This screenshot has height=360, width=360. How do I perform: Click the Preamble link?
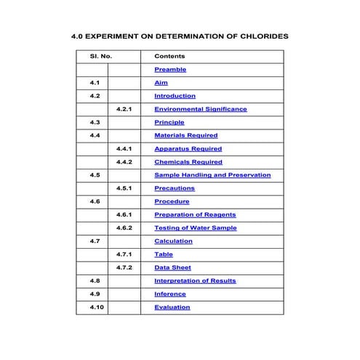[x=170, y=70]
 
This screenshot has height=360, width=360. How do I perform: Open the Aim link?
[x=161, y=83]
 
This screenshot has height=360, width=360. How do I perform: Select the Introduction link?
[x=175, y=96]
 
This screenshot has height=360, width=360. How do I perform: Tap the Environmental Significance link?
[x=200, y=109]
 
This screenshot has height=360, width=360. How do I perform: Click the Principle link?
[x=169, y=122]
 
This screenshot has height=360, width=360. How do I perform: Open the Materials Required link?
[x=185, y=135]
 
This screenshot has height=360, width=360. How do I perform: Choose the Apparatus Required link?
[x=188, y=149]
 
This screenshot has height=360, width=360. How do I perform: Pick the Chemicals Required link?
[x=188, y=162]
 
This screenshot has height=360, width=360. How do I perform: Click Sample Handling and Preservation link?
[x=212, y=175]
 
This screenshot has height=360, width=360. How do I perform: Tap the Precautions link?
[x=175, y=188]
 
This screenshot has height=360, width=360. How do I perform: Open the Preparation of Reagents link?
[x=195, y=215]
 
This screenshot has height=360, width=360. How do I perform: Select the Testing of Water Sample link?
[x=195, y=228]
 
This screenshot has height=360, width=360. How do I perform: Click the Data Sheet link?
[x=172, y=268]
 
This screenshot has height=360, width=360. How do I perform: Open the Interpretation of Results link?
[x=195, y=281]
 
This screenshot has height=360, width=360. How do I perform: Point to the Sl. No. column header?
[x=100, y=56]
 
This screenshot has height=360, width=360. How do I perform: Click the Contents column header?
[x=169, y=56]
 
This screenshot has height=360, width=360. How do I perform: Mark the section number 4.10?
[x=97, y=307]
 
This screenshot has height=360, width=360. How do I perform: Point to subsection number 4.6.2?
[x=124, y=228]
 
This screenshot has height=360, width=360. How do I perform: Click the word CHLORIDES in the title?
[x=259, y=35]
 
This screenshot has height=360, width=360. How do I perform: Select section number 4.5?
[x=95, y=175]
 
